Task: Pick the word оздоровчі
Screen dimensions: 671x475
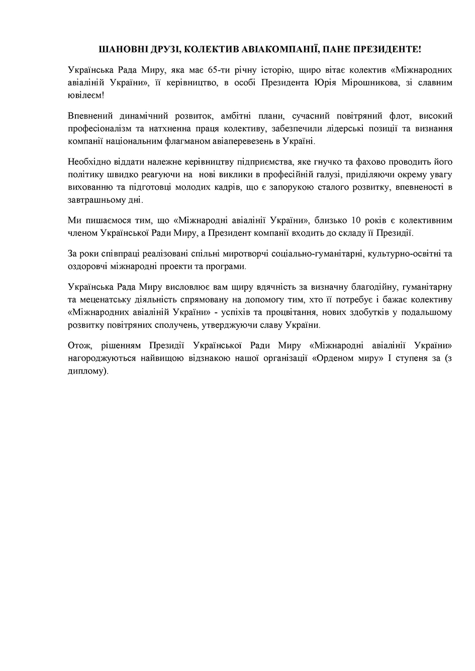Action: click(85, 267)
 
